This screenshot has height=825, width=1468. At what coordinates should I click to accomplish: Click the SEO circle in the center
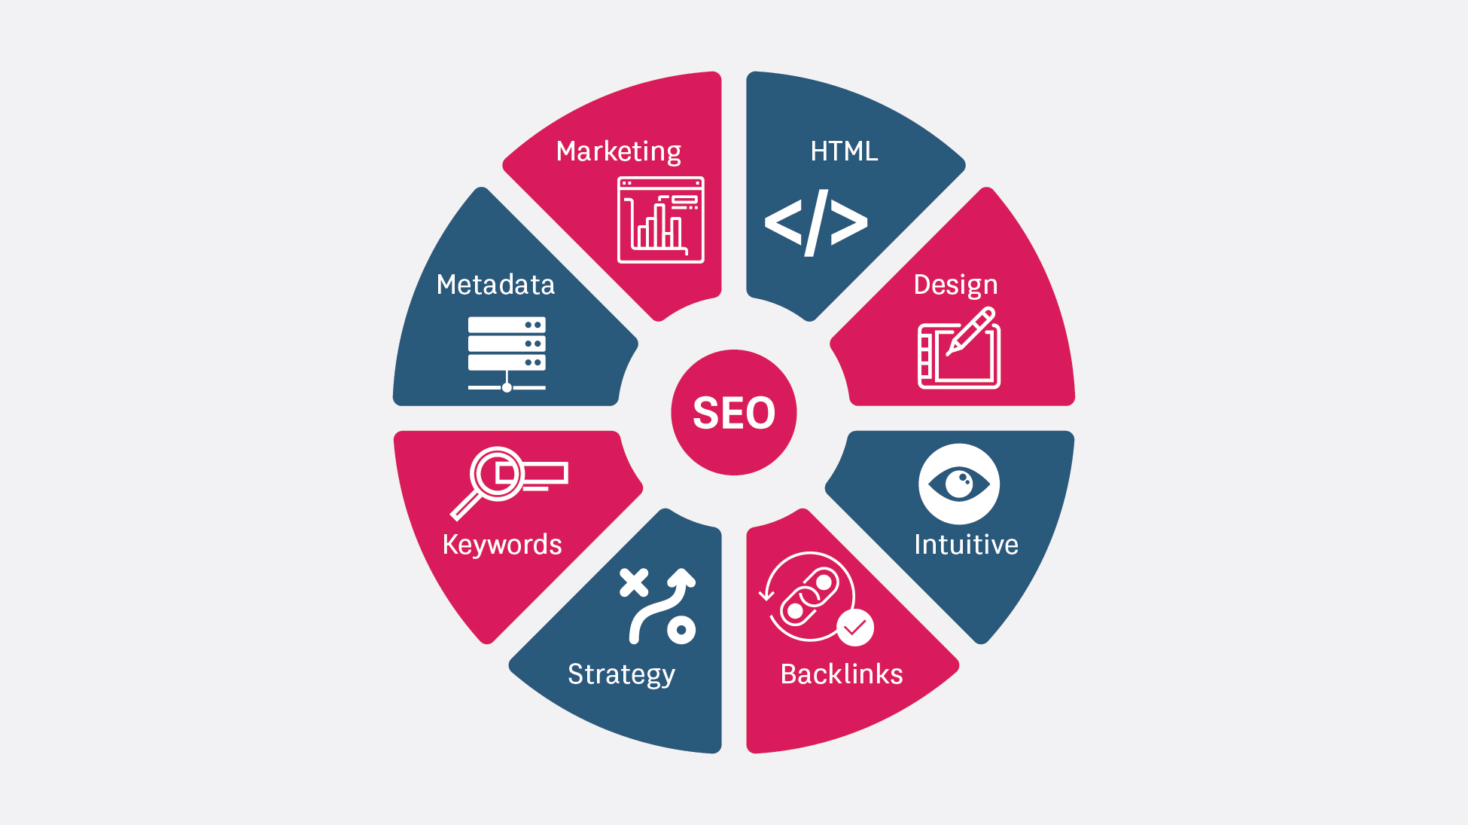(734, 412)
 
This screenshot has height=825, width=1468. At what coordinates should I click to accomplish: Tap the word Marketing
(618, 151)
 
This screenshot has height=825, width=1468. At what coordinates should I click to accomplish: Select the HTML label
(844, 151)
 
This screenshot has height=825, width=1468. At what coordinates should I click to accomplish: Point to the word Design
(955, 285)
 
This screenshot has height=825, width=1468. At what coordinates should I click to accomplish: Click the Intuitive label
(966, 545)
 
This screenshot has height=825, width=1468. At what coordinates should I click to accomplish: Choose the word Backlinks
(842, 674)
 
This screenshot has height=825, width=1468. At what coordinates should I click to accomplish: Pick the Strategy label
(621, 674)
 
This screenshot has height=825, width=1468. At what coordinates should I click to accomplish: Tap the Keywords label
(502, 545)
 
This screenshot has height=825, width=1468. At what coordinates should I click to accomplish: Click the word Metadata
(495, 285)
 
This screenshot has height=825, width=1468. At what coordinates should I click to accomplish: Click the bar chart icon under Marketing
(661, 220)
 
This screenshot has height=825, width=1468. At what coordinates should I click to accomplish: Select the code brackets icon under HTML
(816, 222)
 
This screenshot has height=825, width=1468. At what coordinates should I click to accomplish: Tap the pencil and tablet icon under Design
(959, 349)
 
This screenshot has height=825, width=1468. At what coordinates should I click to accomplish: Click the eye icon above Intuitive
(959, 484)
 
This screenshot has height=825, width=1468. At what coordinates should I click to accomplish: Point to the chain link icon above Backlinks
(809, 597)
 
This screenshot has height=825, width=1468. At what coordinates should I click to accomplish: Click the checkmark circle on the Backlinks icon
(855, 628)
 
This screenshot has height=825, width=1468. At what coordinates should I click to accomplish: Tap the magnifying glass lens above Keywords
(498, 474)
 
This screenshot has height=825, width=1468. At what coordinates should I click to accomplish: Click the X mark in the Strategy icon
(634, 582)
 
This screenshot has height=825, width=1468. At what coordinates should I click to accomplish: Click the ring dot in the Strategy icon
(681, 629)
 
